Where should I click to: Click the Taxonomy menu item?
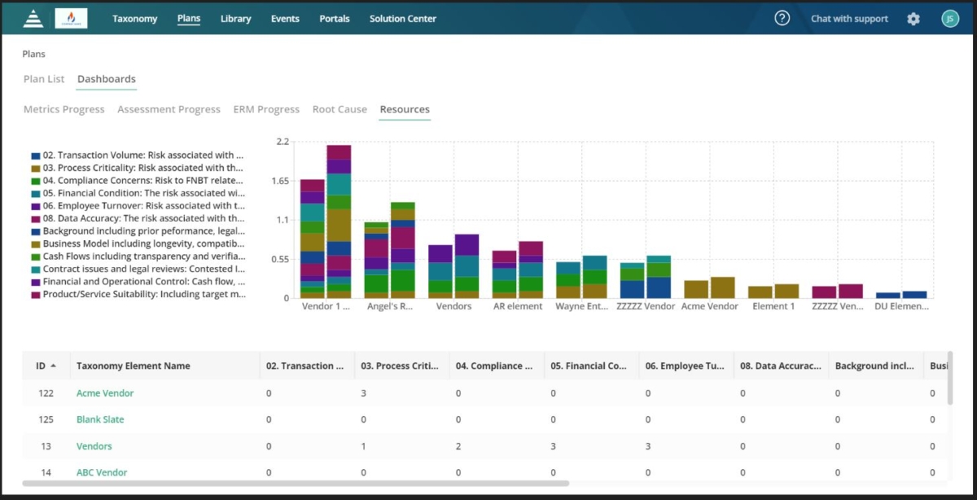point(134,19)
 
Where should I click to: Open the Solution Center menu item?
point(402,19)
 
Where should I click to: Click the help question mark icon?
point(782,19)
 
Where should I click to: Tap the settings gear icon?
point(913,19)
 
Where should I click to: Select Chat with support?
point(849,19)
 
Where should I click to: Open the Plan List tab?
point(44,79)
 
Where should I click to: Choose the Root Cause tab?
point(340,109)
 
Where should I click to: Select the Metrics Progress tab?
point(64,109)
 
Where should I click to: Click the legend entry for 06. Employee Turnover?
point(143,206)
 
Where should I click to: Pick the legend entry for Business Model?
point(143,243)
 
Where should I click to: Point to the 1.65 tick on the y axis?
point(282,181)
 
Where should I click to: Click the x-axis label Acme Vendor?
point(709,306)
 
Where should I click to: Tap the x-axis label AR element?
point(518,306)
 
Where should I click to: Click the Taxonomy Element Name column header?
point(133,366)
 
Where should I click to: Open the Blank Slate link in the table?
point(100,419)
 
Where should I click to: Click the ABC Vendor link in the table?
point(102,472)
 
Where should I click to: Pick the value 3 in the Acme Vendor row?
point(363,393)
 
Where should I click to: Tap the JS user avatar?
point(949,19)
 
